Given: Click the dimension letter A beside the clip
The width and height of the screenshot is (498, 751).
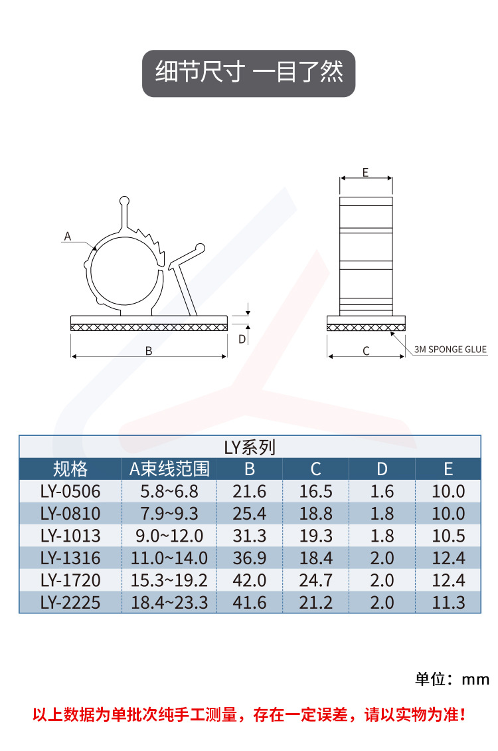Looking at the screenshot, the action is coord(68,236).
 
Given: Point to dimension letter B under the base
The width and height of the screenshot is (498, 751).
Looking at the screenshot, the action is coord(149,351).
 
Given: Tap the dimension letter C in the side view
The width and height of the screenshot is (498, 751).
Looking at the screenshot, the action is coord(366,351).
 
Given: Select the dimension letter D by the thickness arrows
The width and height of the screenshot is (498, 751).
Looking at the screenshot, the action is coord(242,339).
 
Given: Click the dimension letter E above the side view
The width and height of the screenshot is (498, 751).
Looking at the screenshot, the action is coord(365,172).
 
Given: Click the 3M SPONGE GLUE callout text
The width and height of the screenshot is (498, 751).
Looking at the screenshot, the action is coord(450,350).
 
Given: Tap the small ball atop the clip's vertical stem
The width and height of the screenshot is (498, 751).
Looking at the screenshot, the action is coord(124,201).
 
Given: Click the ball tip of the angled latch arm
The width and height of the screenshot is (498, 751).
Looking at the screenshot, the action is coord(201,248).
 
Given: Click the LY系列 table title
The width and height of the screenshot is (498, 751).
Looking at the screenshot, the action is coord(250,447).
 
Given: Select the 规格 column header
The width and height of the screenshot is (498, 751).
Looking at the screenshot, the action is coord(70,469).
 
